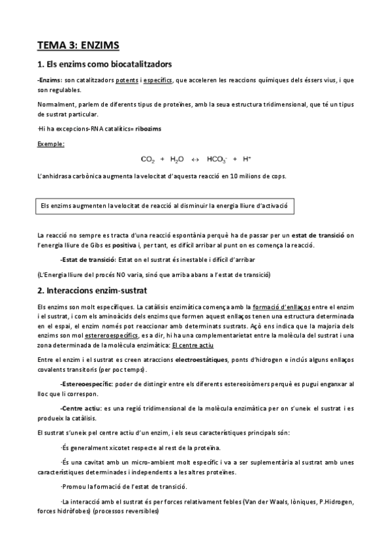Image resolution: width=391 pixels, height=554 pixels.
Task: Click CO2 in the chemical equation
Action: point(149,159)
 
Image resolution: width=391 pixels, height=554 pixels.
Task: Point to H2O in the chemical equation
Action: point(177,159)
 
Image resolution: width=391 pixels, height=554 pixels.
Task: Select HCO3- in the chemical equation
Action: point(216,159)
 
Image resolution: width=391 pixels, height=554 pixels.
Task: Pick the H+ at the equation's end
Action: point(246,159)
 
